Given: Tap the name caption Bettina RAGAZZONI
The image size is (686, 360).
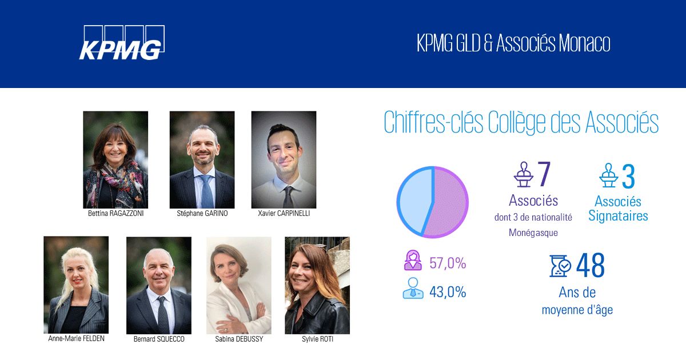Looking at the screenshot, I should click(115, 214).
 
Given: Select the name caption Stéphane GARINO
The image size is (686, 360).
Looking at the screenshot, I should click(202, 214).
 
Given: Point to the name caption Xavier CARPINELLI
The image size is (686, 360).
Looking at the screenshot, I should click(284, 214).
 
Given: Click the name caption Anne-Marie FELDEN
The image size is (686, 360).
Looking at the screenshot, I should click(76, 338).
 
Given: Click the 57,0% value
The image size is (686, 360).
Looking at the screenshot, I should click(448, 263).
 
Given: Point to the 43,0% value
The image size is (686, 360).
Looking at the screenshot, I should click(448, 292).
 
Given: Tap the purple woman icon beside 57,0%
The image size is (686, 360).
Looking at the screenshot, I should click(413, 261).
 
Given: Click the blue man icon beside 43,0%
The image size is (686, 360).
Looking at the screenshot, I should click(413, 289).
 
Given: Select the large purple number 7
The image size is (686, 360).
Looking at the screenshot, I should click(544, 175).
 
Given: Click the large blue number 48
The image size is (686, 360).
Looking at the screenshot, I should click(591, 265).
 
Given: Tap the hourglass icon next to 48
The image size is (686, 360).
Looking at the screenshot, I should click(560, 266).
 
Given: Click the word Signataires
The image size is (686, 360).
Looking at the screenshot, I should click(618, 216).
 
